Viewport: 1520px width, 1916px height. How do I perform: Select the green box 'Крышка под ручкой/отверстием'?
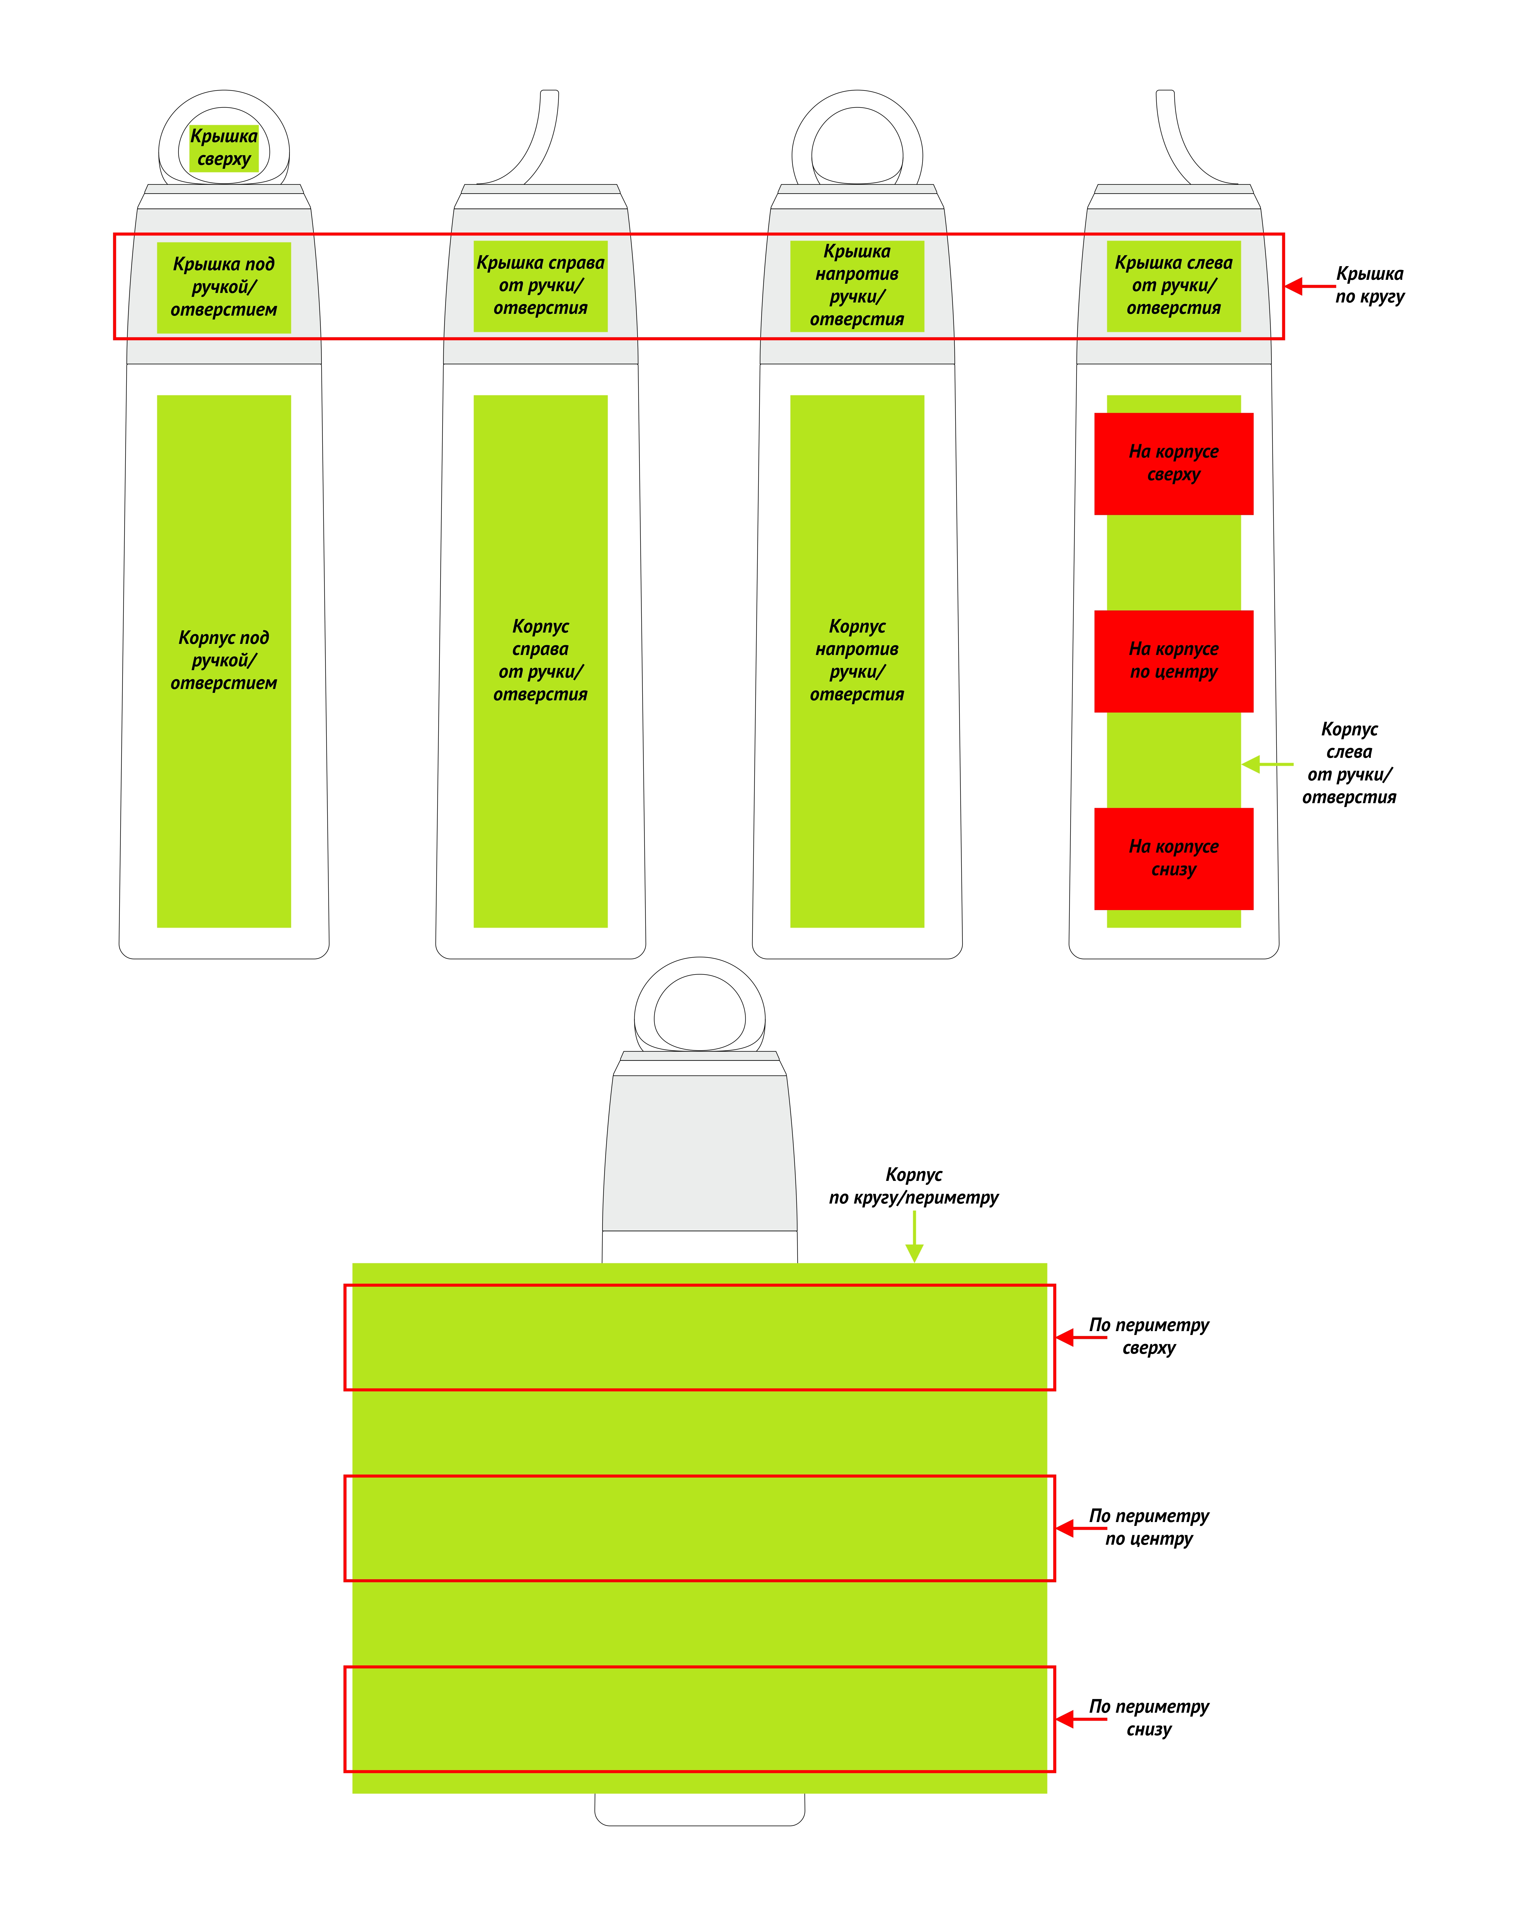point(224,287)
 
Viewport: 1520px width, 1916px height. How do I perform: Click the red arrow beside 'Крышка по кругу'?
point(1310,286)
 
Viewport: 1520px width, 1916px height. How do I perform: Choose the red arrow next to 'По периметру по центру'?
point(1081,1528)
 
